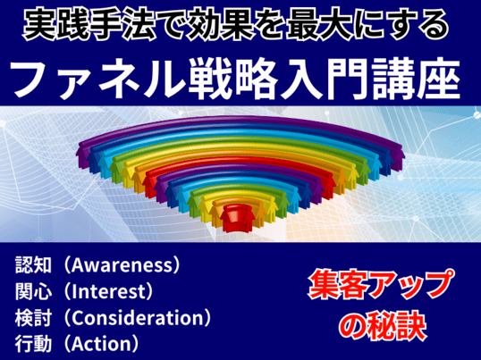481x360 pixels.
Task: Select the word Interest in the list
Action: click(x=108, y=291)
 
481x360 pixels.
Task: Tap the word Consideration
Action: click(x=138, y=318)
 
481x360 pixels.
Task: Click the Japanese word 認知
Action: click(x=33, y=265)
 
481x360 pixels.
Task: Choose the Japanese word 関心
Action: click(x=33, y=291)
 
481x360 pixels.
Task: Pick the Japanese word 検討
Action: click(x=33, y=318)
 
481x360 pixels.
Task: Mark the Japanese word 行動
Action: click(x=33, y=344)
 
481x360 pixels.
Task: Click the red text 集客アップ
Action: click(x=381, y=285)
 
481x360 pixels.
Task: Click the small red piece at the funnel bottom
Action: click(x=238, y=218)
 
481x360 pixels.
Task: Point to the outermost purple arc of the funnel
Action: click(x=240, y=121)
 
